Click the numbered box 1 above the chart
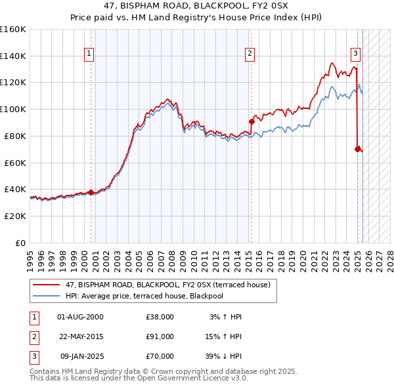tap(89, 54)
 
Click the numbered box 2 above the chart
tap(250, 54)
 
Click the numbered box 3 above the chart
tap(355, 54)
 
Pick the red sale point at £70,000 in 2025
tap(358, 149)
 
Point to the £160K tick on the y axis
tap(13, 30)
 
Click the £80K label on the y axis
tap(16, 136)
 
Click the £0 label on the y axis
tap(21, 243)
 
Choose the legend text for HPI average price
tap(144, 296)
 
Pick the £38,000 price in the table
tap(160, 317)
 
